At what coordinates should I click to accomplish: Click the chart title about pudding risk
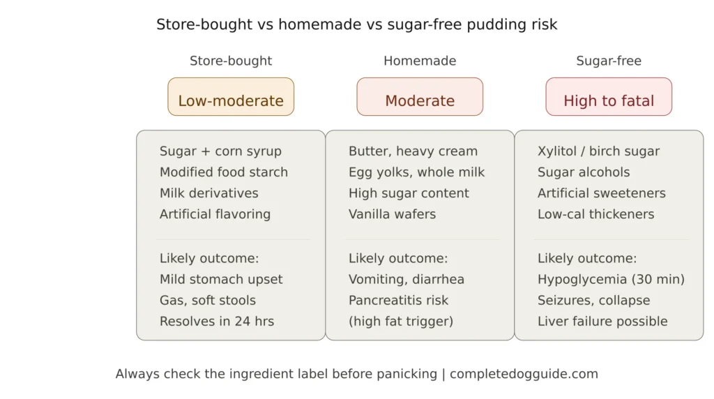(x=356, y=24)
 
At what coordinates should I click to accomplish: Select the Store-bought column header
(x=231, y=61)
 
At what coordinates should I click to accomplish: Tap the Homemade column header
(x=420, y=61)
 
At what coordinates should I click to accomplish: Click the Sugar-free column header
(x=609, y=61)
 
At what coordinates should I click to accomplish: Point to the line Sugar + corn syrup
(x=220, y=151)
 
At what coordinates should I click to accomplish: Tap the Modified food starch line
(x=223, y=172)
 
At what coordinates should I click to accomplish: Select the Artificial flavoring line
(x=215, y=214)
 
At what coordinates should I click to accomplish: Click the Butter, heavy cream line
(x=413, y=151)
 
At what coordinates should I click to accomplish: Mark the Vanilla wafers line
(x=392, y=214)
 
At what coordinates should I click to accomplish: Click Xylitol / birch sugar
(x=598, y=151)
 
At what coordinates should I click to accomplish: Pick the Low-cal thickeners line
(x=595, y=214)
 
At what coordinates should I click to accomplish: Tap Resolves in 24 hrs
(x=217, y=322)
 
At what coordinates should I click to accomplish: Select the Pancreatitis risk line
(x=398, y=301)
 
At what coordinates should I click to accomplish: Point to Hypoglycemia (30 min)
(x=611, y=280)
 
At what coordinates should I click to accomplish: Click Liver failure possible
(x=602, y=322)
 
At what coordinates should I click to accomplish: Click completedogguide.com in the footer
(x=524, y=374)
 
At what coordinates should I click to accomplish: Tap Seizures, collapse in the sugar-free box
(x=593, y=301)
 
